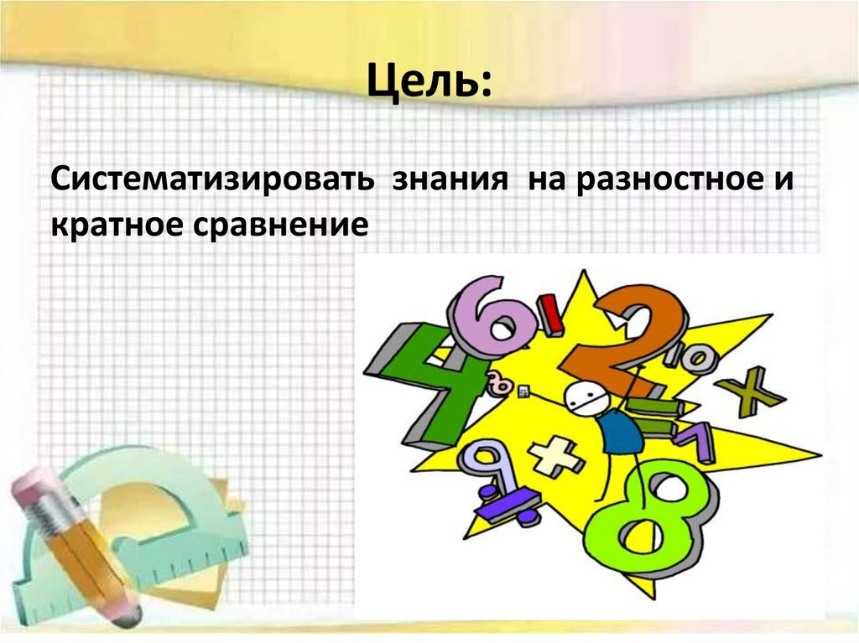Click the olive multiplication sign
tap(749, 390)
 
